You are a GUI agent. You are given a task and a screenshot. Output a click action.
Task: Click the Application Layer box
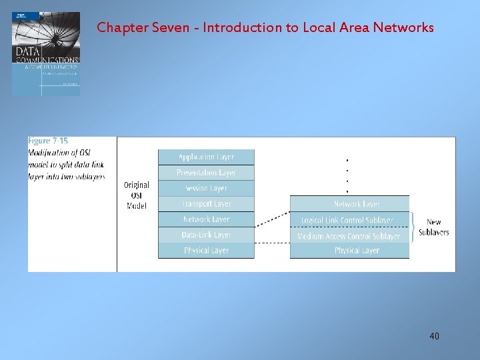pyautogui.click(x=206, y=157)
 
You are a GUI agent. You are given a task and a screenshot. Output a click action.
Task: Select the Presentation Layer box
pyautogui.click(x=206, y=173)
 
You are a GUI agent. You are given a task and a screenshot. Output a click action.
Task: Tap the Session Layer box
pyautogui.click(x=206, y=188)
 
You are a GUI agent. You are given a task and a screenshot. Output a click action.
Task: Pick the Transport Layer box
pyautogui.click(x=206, y=203)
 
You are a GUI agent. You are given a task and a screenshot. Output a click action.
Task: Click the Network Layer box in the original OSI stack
pyautogui.click(x=206, y=219)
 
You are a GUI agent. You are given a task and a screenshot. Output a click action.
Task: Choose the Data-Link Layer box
pyautogui.click(x=206, y=235)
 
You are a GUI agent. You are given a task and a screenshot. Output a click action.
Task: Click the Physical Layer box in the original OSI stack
pyautogui.click(x=206, y=251)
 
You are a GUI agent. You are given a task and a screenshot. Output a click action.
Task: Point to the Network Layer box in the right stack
pyautogui.click(x=350, y=204)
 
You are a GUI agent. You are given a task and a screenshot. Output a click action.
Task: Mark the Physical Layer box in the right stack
pyautogui.click(x=350, y=251)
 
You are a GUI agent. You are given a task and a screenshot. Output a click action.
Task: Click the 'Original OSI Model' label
pyautogui.click(x=137, y=195)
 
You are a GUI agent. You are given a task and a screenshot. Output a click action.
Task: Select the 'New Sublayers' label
pyautogui.click(x=434, y=227)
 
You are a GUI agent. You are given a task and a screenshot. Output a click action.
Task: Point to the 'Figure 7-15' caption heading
pyautogui.click(x=48, y=141)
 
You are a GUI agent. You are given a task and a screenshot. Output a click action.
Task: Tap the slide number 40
pyautogui.click(x=434, y=336)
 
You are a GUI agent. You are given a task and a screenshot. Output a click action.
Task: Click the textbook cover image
pyautogui.click(x=46, y=53)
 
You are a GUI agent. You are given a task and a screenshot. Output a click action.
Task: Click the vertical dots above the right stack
pyautogui.click(x=347, y=175)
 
